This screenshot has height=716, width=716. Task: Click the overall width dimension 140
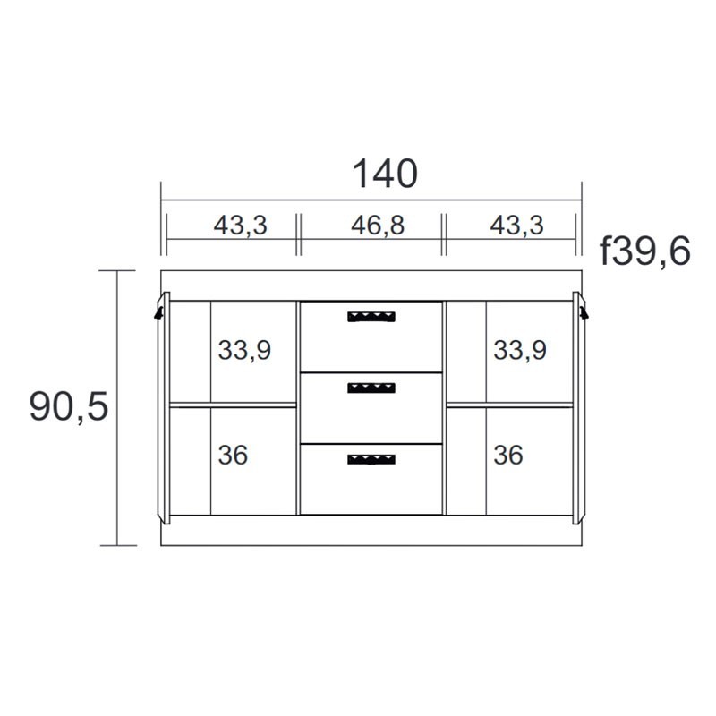point(385,175)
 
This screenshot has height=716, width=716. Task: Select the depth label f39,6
point(645,252)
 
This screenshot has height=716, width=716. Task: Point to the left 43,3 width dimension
point(240,225)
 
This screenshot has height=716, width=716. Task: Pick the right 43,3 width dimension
point(516,225)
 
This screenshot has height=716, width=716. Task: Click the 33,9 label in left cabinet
point(243,350)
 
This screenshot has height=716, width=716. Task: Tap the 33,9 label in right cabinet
point(519,350)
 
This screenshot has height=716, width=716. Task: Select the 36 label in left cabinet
point(233,456)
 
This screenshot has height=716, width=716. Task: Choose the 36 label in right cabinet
point(507,456)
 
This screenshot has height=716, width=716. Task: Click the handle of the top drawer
point(371,315)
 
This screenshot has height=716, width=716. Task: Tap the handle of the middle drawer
point(371,387)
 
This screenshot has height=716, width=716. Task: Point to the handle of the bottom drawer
point(371,458)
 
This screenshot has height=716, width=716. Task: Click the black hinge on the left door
point(159,312)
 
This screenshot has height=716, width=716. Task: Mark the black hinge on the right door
point(584,312)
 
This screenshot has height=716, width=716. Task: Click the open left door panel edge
point(164,407)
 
